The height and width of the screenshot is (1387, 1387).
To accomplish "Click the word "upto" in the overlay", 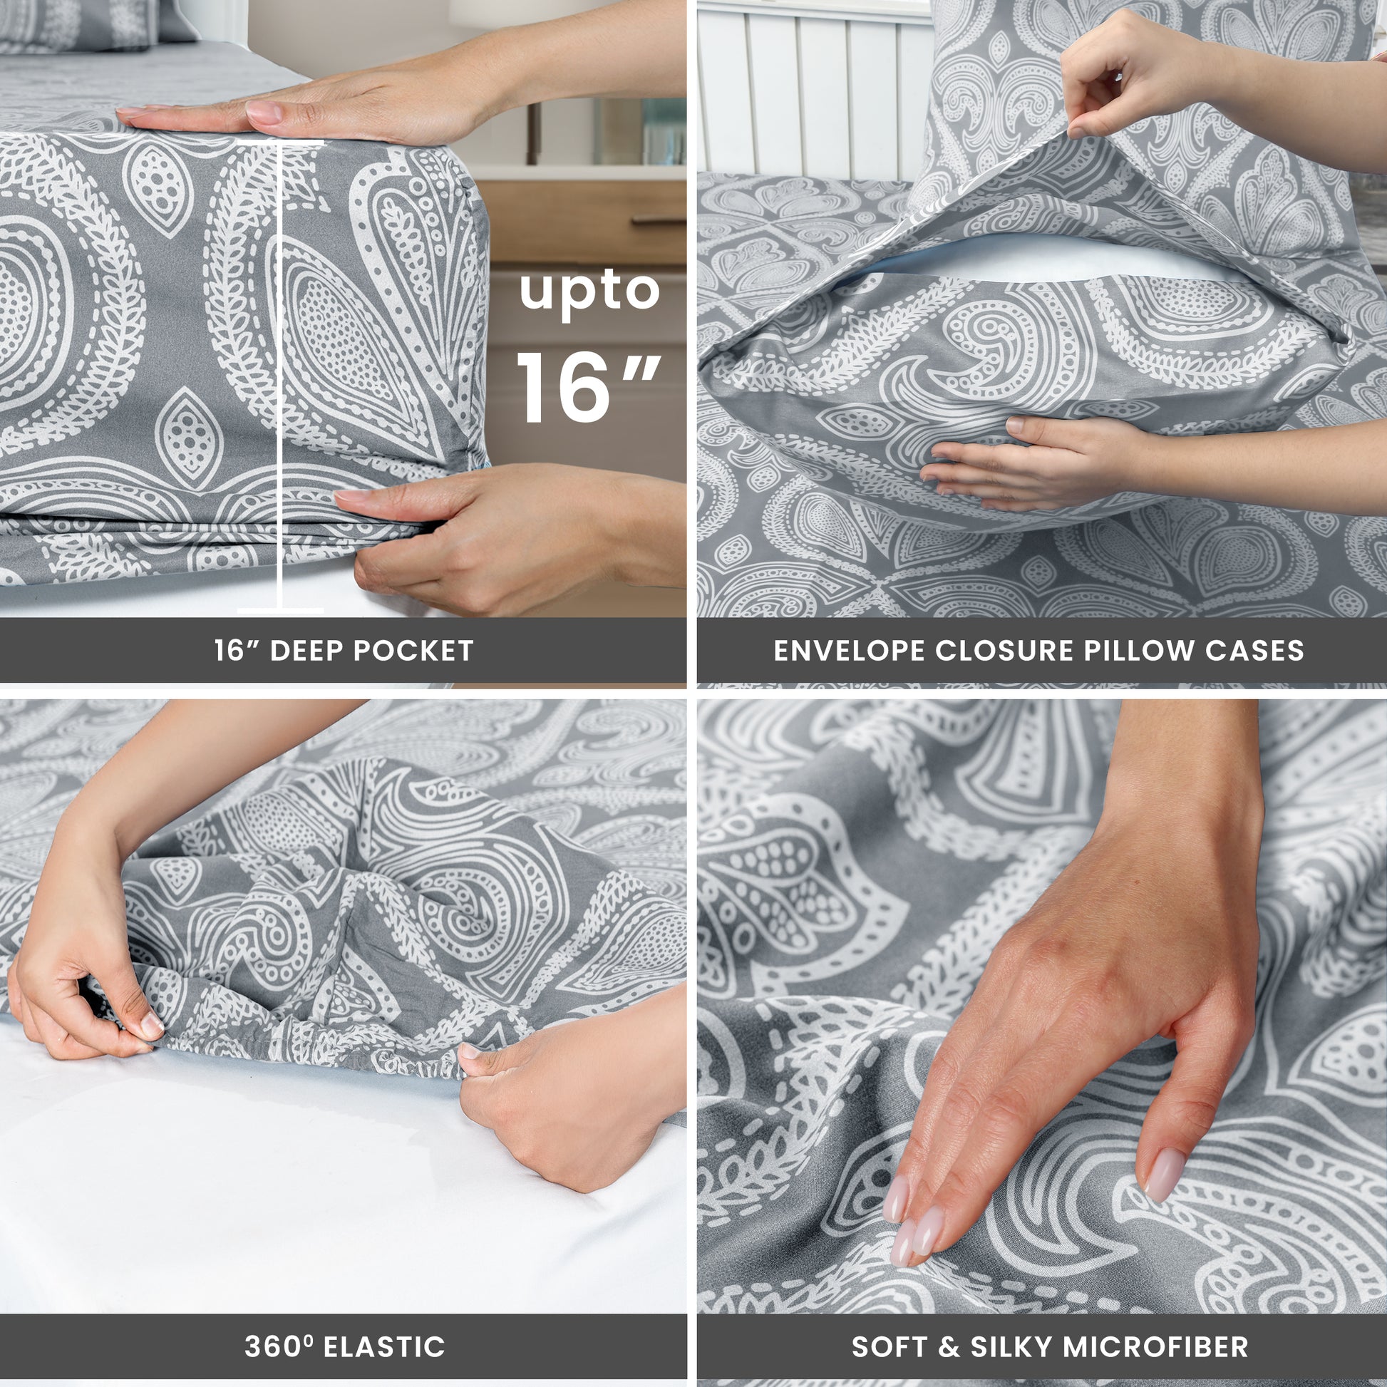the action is point(589,293).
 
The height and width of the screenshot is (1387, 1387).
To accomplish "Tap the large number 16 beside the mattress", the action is point(564,388).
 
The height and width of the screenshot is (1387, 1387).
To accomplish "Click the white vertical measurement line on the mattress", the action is point(279,377).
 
